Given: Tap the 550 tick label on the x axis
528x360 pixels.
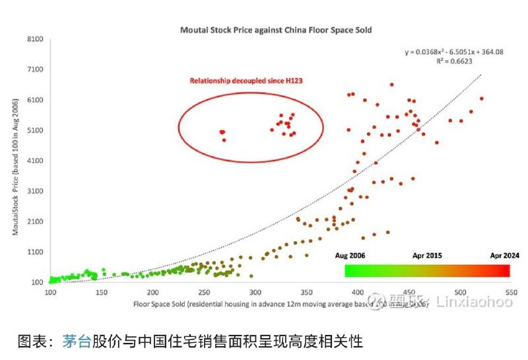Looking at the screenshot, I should [x=510, y=292].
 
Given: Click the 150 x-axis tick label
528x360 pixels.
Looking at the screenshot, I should [x=102, y=292].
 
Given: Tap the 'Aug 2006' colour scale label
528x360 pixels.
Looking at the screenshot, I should [x=350, y=256].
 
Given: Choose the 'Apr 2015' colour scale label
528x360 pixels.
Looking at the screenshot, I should [x=428, y=256].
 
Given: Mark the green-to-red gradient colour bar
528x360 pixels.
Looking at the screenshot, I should [x=427, y=271].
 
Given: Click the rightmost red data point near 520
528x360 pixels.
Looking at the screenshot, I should [x=482, y=98].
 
